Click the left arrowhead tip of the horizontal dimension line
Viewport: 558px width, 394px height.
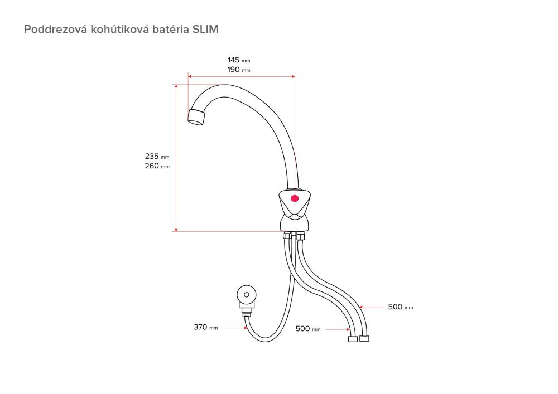(x=188, y=76)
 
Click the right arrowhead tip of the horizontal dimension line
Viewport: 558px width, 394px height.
(x=295, y=76)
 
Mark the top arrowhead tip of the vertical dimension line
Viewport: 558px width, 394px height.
(x=176, y=85)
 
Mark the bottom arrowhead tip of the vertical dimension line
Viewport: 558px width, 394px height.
(x=176, y=231)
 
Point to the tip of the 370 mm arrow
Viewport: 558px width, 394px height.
(x=247, y=328)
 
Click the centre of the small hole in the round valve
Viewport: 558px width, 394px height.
(x=246, y=294)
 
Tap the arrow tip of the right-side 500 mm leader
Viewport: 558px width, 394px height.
(x=359, y=307)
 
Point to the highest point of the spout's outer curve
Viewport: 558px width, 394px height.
(x=225, y=85)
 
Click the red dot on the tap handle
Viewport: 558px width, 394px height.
(x=295, y=198)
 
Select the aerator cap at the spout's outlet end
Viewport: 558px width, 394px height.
(x=196, y=117)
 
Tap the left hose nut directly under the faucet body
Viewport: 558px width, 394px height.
(x=287, y=236)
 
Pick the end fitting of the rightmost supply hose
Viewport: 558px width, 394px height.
(x=364, y=339)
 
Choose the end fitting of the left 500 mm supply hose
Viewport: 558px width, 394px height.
(x=353, y=339)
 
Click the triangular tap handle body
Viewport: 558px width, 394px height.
(x=295, y=203)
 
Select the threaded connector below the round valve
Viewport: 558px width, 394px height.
(x=246, y=312)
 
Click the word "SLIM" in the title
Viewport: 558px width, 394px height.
(x=205, y=29)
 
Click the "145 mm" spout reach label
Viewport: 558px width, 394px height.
(x=239, y=60)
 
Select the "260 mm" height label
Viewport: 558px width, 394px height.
(x=157, y=166)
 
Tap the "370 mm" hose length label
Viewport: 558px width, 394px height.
(x=206, y=327)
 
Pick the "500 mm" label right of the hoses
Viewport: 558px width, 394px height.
(x=401, y=307)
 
